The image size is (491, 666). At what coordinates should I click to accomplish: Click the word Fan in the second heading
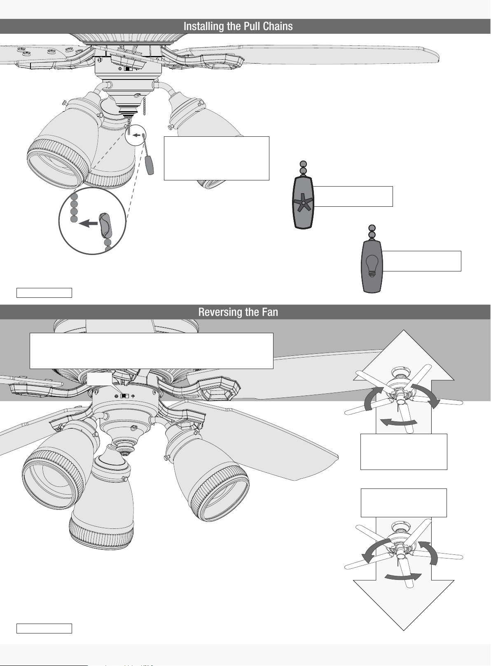[270, 312]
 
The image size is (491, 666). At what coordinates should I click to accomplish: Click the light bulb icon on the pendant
[372, 266]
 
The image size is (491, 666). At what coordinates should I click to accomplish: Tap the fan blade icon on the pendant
[303, 203]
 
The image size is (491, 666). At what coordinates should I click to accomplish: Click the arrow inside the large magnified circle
[88, 223]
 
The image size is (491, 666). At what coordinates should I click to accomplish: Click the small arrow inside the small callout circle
[136, 135]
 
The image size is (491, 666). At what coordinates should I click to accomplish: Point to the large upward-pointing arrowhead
[404, 355]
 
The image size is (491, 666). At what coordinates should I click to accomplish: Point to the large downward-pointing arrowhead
[404, 605]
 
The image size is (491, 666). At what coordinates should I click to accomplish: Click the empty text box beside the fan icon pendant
[353, 196]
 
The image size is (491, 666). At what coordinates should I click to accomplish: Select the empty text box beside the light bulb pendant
[422, 261]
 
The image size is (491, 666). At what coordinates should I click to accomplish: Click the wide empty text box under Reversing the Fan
[151, 351]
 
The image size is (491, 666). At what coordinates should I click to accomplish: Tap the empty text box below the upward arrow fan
[404, 452]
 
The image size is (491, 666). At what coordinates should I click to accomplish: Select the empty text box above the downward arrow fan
[404, 503]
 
